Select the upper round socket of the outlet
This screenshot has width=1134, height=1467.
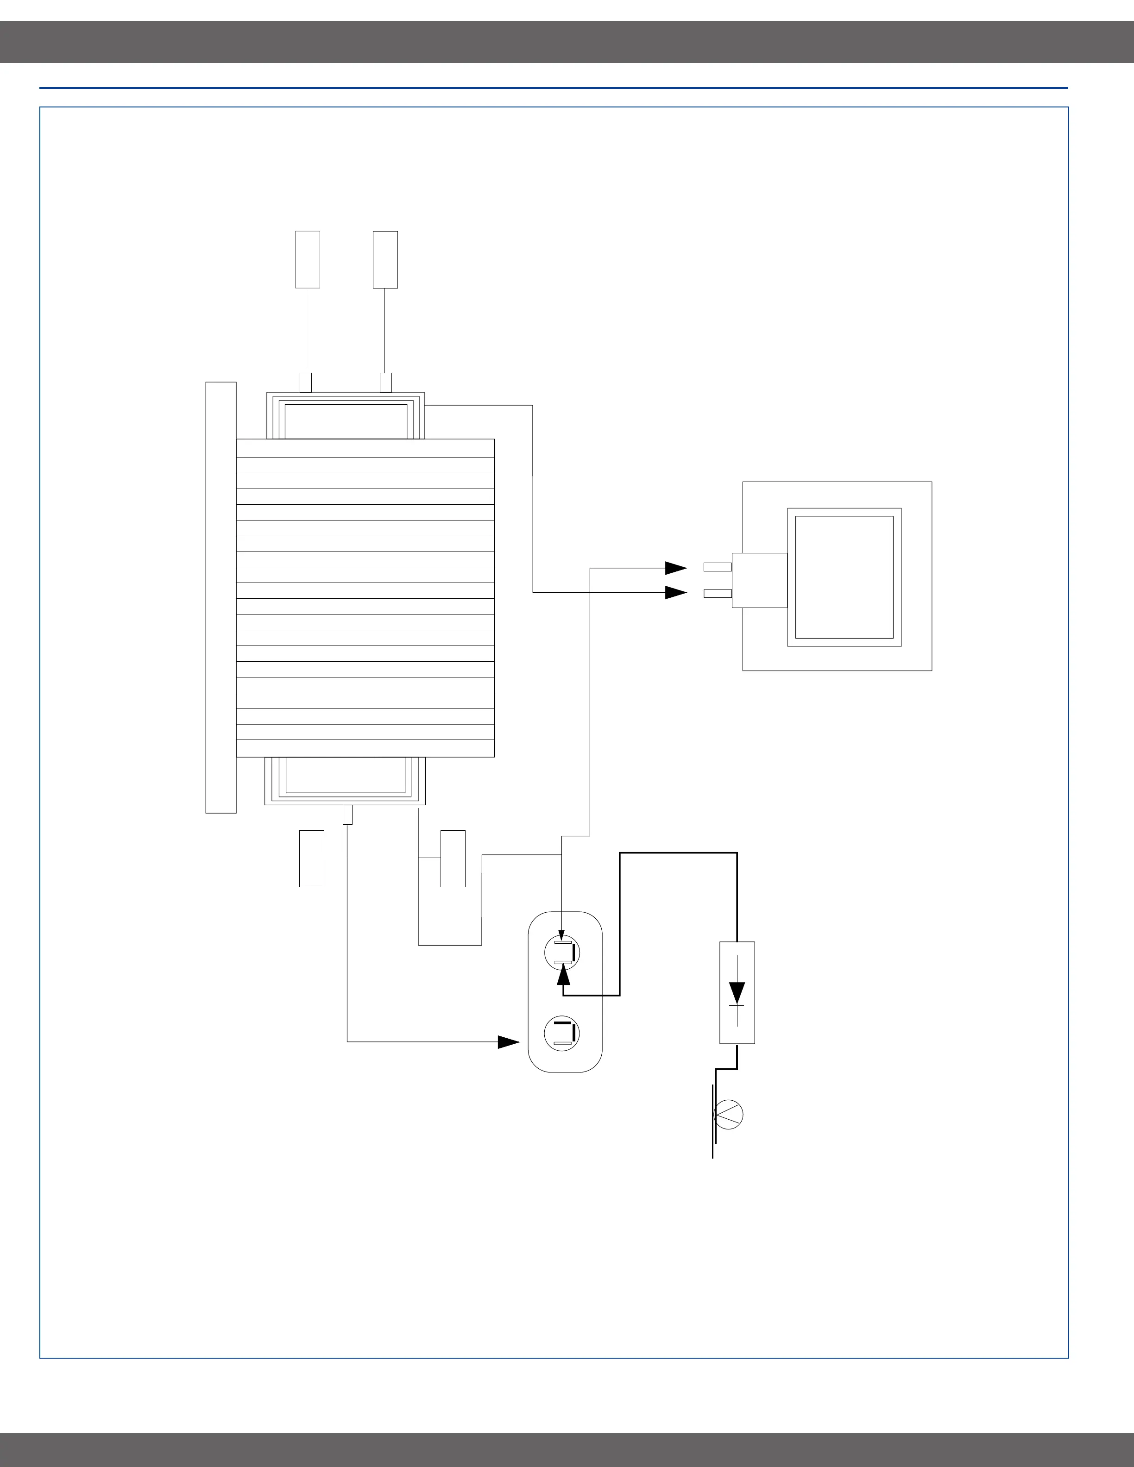click(x=562, y=953)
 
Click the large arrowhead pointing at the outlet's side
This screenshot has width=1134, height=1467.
click(x=509, y=1042)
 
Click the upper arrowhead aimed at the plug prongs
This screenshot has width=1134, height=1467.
click(x=675, y=568)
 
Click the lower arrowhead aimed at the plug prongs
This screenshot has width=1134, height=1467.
click(x=675, y=592)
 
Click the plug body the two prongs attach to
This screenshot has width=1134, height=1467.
click(x=759, y=580)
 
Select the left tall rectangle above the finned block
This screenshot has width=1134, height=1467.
click(x=308, y=260)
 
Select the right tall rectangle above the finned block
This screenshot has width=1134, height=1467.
click(x=385, y=260)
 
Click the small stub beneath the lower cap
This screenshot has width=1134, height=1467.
click(x=347, y=815)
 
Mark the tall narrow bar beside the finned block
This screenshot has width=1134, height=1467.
click(x=221, y=597)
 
